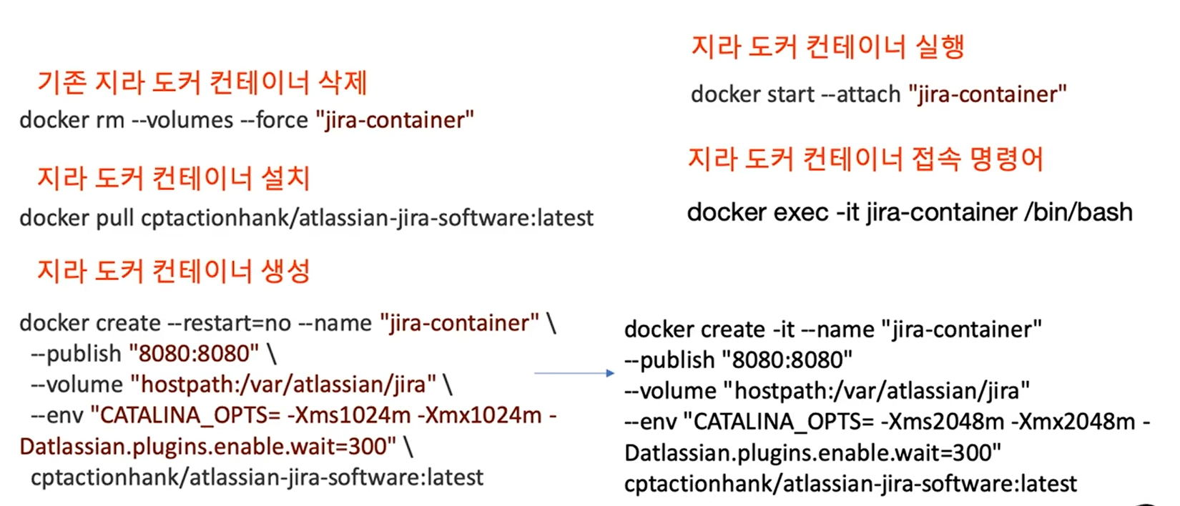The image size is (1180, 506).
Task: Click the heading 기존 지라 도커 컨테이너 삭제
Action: click(x=202, y=83)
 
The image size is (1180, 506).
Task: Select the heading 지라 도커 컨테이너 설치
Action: click(x=173, y=178)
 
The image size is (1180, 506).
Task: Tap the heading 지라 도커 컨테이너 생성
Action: click(x=173, y=271)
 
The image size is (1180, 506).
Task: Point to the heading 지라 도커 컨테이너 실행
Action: click(x=827, y=47)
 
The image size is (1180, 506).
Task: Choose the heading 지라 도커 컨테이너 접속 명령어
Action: click(x=865, y=159)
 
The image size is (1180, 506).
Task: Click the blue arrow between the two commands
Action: click(x=574, y=373)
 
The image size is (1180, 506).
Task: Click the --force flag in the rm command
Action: click(x=274, y=120)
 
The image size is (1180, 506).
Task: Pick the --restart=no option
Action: click(x=229, y=323)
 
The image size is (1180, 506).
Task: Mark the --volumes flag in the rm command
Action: click(x=182, y=120)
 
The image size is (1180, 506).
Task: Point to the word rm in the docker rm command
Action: click(x=109, y=120)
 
